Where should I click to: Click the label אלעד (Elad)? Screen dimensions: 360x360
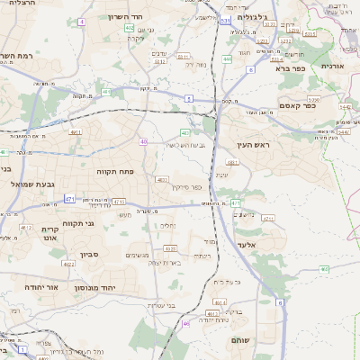click(x=246, y=243)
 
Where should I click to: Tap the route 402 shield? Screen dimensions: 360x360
click(x=130, y=28)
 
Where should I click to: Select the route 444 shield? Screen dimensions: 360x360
click(x=227, y=59)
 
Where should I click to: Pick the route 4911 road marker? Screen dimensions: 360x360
click(x=76, y=132)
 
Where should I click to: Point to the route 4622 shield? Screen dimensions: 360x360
click(x=69, y=265)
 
